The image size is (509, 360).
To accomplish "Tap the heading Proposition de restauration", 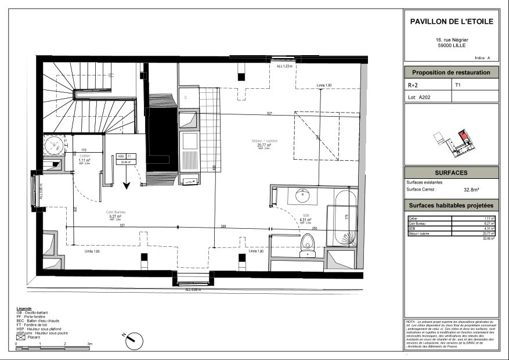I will (451, 73).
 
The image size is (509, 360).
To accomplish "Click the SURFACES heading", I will (451, 173).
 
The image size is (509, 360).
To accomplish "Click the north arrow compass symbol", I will (132, 338).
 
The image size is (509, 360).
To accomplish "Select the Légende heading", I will (24, 309).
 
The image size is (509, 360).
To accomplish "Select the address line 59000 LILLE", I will (451, 45).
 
